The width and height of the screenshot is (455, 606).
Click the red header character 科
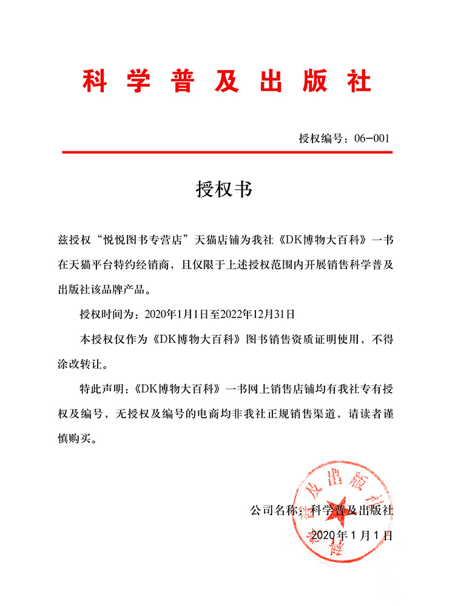pyautogui.click(x=95, y=81)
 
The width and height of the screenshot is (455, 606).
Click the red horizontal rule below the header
pyautogui.click(x=227, y=152)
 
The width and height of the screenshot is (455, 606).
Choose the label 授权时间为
pyautogui.click(x=109, y=314)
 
